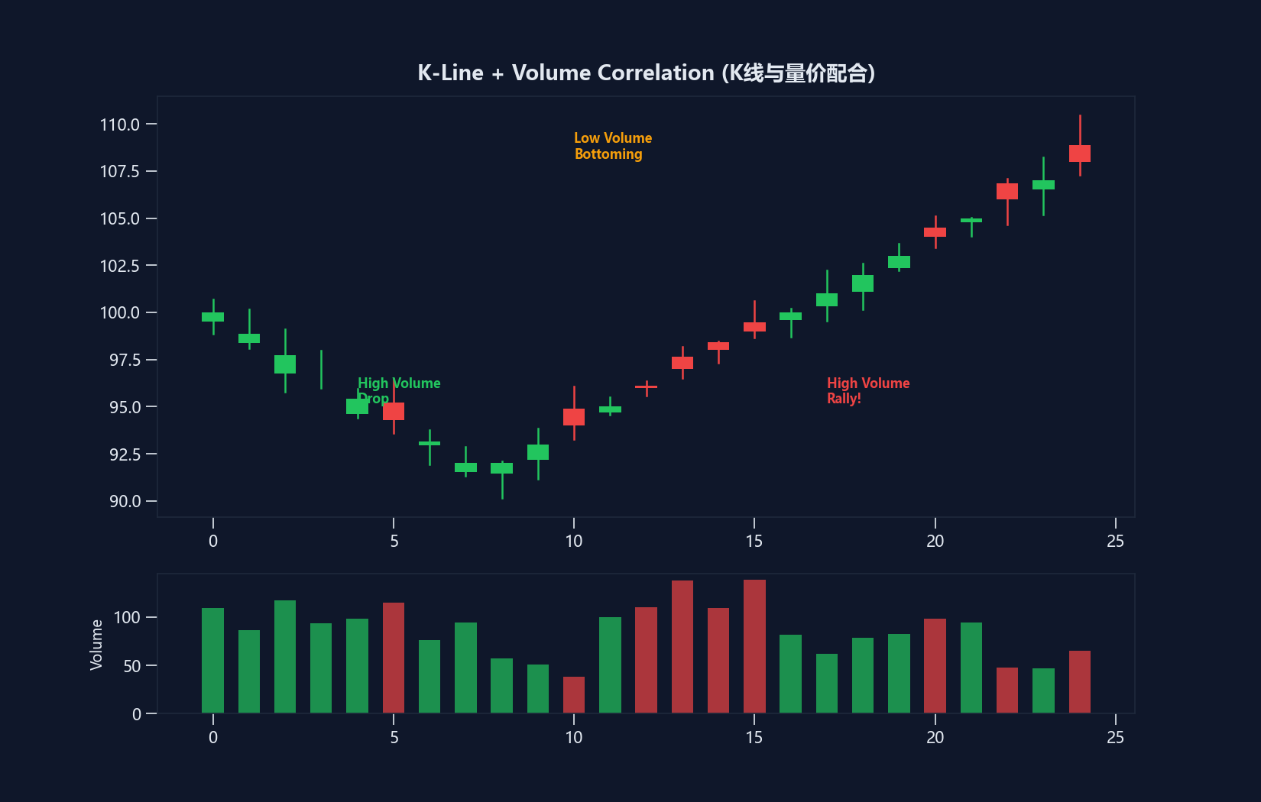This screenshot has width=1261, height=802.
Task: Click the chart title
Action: pyautogui.click(x=646, y=73)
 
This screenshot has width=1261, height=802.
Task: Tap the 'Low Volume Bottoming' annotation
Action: pyautogui.click(x=612, y=146)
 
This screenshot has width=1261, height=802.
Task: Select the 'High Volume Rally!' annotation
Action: pyautogui.click(x=867, y=390)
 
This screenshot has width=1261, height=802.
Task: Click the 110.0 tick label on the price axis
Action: pyautogui.click(x=120, y=125)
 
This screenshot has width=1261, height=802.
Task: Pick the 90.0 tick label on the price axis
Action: pyautogui.click(x=125, y=501)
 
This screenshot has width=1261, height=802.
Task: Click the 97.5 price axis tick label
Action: pyautogui.click(x=125, y=360)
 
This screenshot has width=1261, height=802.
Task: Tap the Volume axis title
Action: pyautogui.click(x=96, y=645)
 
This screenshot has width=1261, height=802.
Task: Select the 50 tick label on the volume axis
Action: pyautogui.click(x=131, y=666)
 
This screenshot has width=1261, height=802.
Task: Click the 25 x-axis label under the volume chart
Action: pyautogui.click(x=1115, y=737)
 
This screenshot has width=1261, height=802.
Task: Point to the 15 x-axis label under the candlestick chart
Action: pyautogui.click(x=754, y=542)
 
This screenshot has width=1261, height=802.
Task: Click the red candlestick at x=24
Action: pyautogui.click(x=1079, y=154)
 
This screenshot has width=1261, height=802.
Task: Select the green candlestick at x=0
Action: pyautogui.click(x=212, y=317)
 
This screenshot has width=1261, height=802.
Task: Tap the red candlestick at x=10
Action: pyautogui.click(x=574, y=417)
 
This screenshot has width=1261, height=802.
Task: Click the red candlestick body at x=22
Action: pyautogui.click(x=1007, y=191)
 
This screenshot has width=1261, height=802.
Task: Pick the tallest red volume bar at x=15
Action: pyautogui.click(x=754, y=646)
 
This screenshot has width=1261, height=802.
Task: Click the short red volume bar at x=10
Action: pyautogui.click(x=574, y=695)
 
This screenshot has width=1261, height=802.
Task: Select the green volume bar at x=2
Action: pyautogui.click(x=285, y=657)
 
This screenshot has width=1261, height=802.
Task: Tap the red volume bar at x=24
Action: pyautogui.click(x=1079, y=682)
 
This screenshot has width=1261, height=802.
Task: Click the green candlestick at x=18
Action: pyautogui.click(x=863, y=283)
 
